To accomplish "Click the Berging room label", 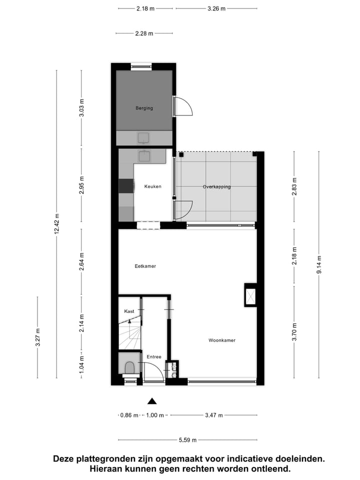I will tap(144, 108).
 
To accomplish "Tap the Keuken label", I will tap(152, 186).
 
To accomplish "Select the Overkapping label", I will tap(216, 186).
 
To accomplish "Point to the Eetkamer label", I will tap(145, 266).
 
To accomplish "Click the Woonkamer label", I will tap(221, 340).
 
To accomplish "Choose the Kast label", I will tap(129, 311).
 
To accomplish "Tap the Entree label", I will tap(153, 356).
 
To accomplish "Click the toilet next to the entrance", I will tap(129, 368).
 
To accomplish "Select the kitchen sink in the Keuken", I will tap(144, 156).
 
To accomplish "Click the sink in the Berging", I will tap(144, 138).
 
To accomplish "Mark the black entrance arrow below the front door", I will tap(152, 400).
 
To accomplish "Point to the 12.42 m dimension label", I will tap(56, 224).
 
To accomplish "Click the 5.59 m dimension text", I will tap(187, 440).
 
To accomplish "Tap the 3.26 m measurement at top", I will tap(216, 8).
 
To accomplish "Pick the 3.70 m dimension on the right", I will tap(294, 331).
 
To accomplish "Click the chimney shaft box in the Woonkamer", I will tap(249, 295).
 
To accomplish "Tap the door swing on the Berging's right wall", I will tap(182, 106).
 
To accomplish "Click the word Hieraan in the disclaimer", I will tap(106, 469).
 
